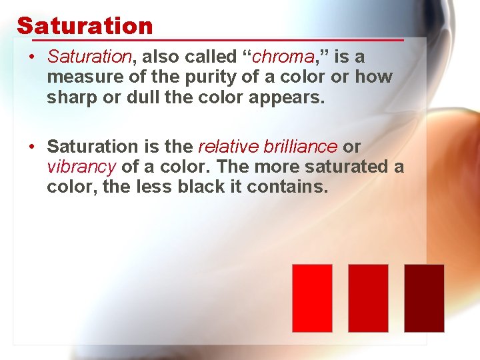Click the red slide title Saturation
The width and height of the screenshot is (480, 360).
tap(85, 26)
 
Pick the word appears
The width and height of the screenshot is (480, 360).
tap(287, 99)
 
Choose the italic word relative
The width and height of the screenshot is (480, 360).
tap(225, 146)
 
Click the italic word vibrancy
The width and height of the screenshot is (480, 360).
tap(81, 167)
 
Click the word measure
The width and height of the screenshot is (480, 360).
tap(79, 78)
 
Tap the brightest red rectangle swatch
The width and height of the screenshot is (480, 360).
tap(312, 298)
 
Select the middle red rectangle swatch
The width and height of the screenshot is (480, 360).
tap(368, 298)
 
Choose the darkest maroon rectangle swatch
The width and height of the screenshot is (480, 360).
tap(424, 298)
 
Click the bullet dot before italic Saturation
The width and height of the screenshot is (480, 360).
tap(31, 58)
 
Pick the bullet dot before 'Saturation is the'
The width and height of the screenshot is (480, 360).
tap(31, 146)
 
